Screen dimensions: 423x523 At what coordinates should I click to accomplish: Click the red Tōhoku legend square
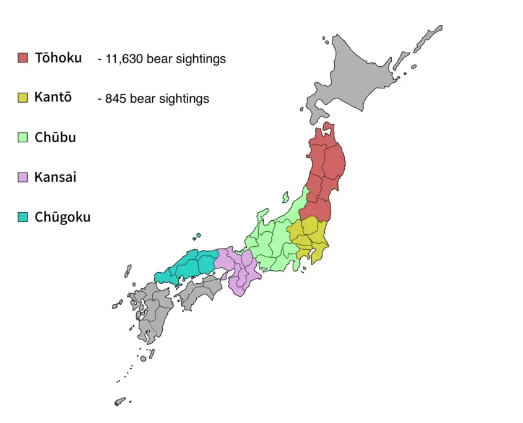23,58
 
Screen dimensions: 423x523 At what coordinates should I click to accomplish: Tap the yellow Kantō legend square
23,97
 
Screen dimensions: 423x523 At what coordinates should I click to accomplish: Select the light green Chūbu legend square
23,137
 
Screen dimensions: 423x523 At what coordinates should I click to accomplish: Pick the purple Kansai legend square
23,177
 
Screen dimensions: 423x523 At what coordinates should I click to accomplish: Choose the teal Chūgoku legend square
23,217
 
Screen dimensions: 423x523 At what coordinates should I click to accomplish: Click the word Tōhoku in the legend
58,58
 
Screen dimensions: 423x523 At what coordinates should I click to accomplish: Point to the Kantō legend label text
53,97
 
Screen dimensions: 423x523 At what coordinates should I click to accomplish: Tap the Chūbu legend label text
55,137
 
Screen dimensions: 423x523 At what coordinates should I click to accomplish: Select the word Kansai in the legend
56,177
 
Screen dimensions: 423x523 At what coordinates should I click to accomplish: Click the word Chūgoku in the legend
63,217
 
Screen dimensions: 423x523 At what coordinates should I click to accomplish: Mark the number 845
116,98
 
